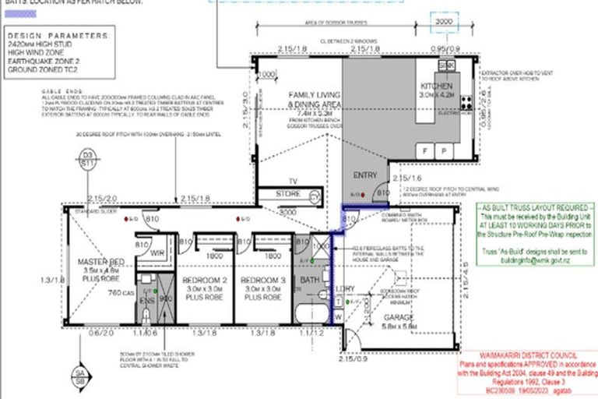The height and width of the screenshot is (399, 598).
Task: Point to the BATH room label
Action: click(309, 279)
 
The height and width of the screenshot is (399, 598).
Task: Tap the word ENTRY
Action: click(366, 175)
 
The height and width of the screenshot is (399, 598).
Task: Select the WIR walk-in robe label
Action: click(156, 253)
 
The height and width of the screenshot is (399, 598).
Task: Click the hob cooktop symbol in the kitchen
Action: click(466, 102)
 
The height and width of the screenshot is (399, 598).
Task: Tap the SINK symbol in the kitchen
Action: click(446, 65)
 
